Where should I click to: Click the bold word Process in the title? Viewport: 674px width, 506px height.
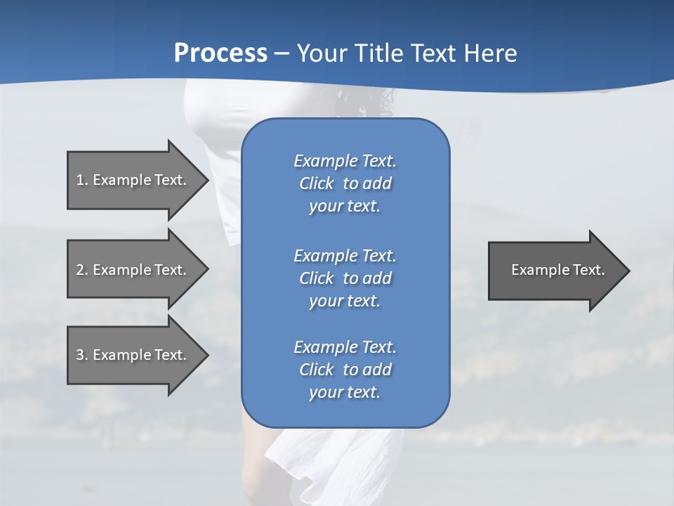tap(220, 53)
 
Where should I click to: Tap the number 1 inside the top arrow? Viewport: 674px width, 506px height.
tap(80, 180)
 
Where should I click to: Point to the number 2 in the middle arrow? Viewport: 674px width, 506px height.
tap(80, 270)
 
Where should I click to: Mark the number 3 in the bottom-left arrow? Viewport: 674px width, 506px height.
tap(80, 355)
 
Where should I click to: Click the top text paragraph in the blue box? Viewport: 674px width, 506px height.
tap(345, 183)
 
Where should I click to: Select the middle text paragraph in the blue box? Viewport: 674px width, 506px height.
tap(345, 278)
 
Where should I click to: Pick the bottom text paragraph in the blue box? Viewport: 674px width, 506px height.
tap(345, 370)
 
